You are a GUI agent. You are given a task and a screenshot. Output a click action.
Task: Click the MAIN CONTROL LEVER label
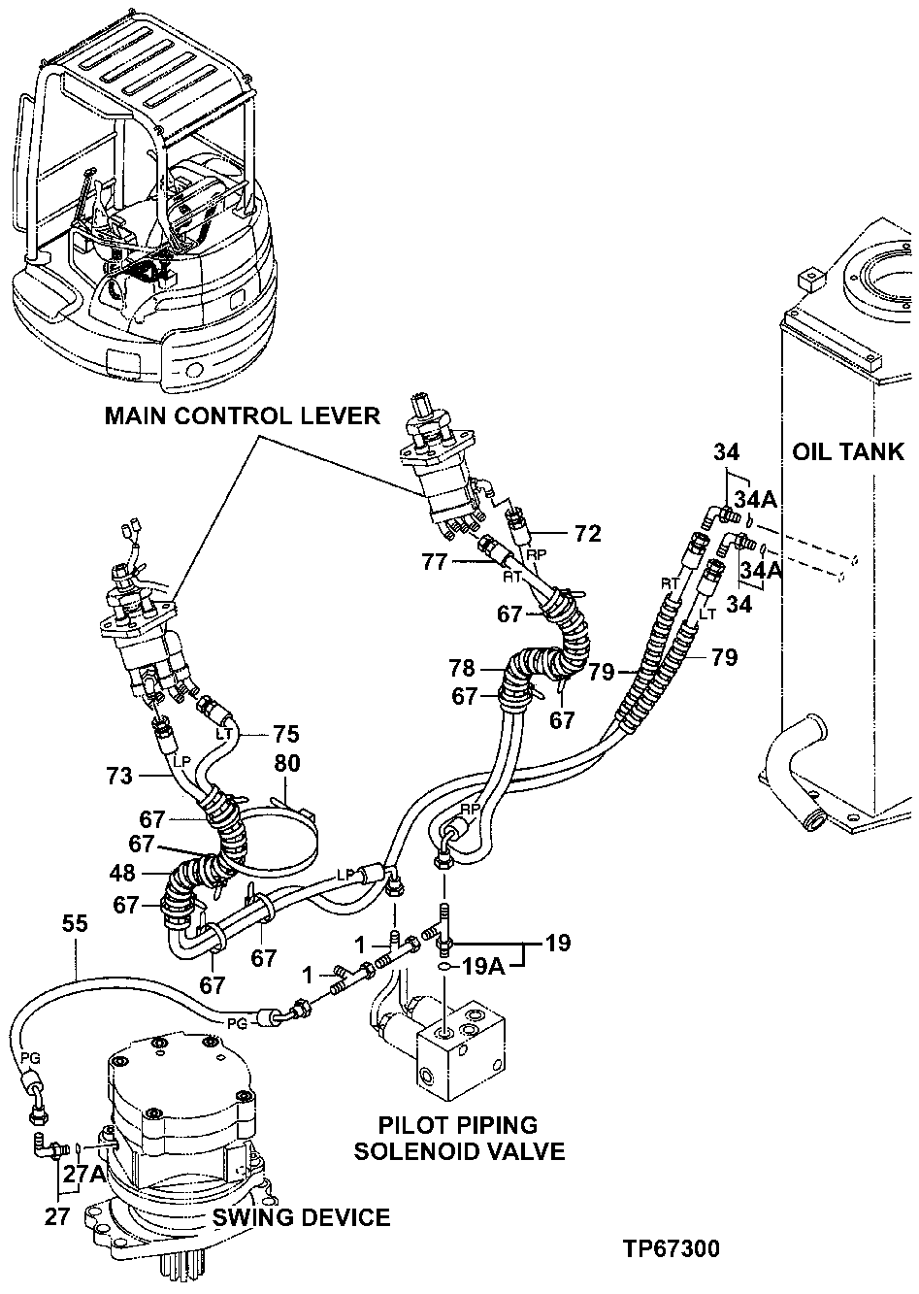pyautogui.click(x=242, y=416)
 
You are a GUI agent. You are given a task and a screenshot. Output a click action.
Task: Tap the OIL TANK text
pyautogui.click(x=848, y=452)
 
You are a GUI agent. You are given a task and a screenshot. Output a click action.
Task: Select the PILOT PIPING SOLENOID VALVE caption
pyautogui.click(x=459, y=1139)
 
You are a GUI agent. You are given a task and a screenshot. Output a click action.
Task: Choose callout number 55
pyautogui.click(x=76, y=923)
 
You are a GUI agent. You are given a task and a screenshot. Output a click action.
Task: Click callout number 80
pyautogui.click(x=286, y=763)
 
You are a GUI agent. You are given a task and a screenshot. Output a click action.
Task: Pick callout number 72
pyautogui.click(x=587, y=533)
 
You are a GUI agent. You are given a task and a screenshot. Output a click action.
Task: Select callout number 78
pyautogui.click(x=462, y=668)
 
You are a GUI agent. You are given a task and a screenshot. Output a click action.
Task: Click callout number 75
pyautogui.click(x=286, y=734)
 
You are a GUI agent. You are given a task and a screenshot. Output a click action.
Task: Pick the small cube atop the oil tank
pyautogui.click(x=809, y=280)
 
